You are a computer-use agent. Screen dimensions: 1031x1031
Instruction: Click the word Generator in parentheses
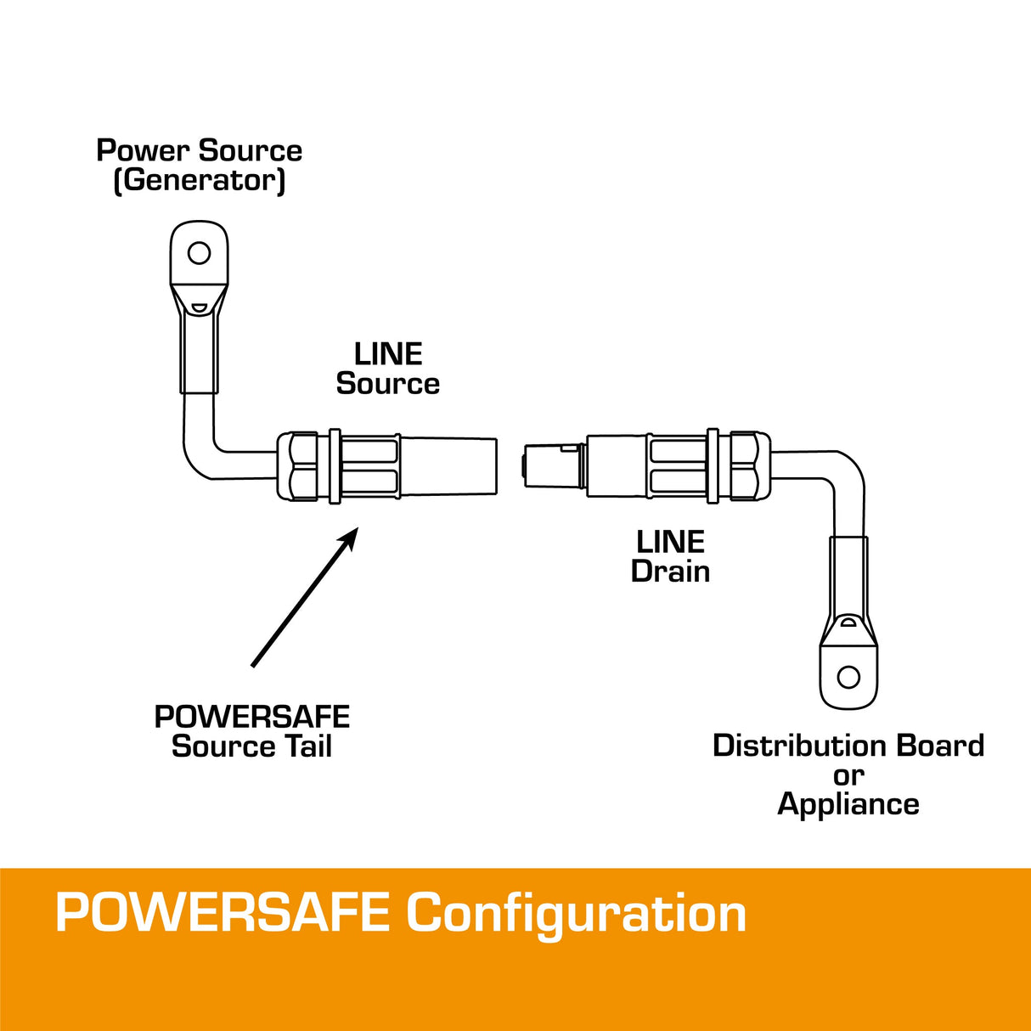[200, 180]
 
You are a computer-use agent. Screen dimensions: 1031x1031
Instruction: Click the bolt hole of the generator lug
[199, 252]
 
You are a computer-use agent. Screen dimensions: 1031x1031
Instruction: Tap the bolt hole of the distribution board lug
[848, 677]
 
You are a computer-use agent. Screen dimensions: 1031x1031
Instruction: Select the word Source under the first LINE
[388, 383]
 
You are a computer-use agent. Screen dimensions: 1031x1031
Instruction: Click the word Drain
[670, 571]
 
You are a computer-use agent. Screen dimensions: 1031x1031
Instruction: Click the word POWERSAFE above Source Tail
[252, 717]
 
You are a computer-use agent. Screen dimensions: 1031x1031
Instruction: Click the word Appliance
[848, 803]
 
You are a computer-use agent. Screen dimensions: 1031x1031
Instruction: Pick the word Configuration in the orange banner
[576, 913]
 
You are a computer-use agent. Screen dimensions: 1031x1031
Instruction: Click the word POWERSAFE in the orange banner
[223, 913]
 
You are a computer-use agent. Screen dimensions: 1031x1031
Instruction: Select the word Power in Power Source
[142, 150]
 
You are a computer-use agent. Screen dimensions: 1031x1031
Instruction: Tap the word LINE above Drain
[670, 542]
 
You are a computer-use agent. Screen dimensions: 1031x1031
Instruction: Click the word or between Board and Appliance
[848, 775]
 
